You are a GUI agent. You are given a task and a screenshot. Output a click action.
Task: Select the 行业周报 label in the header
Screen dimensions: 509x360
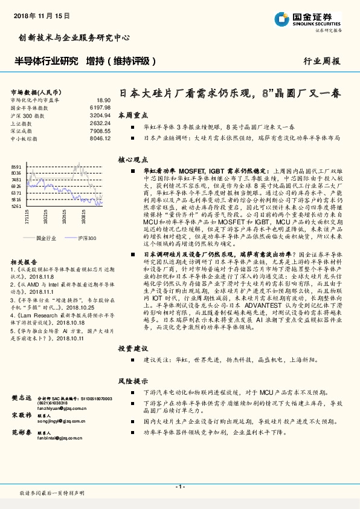click(321, 62)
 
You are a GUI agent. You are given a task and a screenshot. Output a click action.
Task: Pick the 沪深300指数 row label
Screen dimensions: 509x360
click(24, 114)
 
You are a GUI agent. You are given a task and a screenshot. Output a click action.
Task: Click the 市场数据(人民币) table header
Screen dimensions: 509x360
click(34, 91)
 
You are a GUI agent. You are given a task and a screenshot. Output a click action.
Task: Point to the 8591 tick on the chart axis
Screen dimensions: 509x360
click(16, 166)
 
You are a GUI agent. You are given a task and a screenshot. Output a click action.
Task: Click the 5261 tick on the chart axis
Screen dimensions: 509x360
click(16, 206)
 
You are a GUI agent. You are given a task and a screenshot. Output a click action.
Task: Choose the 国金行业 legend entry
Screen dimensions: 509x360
click(46, 239)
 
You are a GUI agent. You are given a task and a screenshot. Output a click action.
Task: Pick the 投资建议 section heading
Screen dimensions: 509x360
click(132, 348)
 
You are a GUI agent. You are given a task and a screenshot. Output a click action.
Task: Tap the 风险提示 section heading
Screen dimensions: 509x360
click(132, 381)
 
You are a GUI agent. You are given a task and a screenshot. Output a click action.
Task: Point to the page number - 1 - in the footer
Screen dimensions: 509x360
click(180, 487)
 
